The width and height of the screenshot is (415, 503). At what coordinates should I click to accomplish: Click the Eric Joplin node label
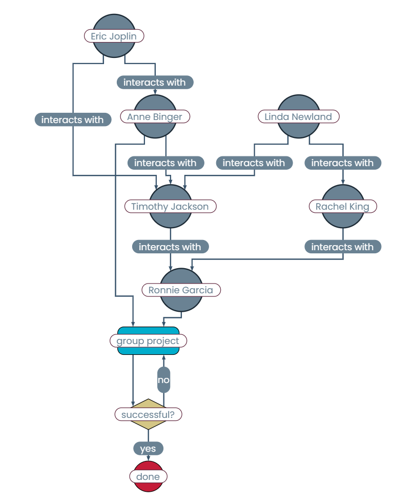[114, 36]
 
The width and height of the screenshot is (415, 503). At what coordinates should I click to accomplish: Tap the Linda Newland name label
[298, 117]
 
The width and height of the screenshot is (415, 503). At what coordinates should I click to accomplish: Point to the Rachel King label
[342, 207]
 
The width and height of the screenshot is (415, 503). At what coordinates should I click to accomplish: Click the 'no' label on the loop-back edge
[163, 380]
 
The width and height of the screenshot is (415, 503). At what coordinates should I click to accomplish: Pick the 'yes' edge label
[148, 449]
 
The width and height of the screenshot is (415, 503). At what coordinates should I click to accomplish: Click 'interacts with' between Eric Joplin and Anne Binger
[155, 82]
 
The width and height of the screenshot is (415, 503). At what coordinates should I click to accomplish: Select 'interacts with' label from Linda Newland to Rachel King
[343, 163]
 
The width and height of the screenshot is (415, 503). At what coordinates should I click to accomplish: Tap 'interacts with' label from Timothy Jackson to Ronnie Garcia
[170, 247]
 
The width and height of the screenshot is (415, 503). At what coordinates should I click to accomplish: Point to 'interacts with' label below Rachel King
[343, 247]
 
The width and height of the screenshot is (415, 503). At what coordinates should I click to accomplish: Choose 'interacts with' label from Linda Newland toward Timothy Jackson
[254, 163]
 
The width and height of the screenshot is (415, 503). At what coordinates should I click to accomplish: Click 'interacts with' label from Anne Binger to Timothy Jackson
[165, 163]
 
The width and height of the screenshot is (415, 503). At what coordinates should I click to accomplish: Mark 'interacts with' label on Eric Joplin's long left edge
[73, 120]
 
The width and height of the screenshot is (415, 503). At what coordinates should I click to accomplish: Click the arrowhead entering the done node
[149, 458]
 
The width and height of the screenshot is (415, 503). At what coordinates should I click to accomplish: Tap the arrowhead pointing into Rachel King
[343, 182]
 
